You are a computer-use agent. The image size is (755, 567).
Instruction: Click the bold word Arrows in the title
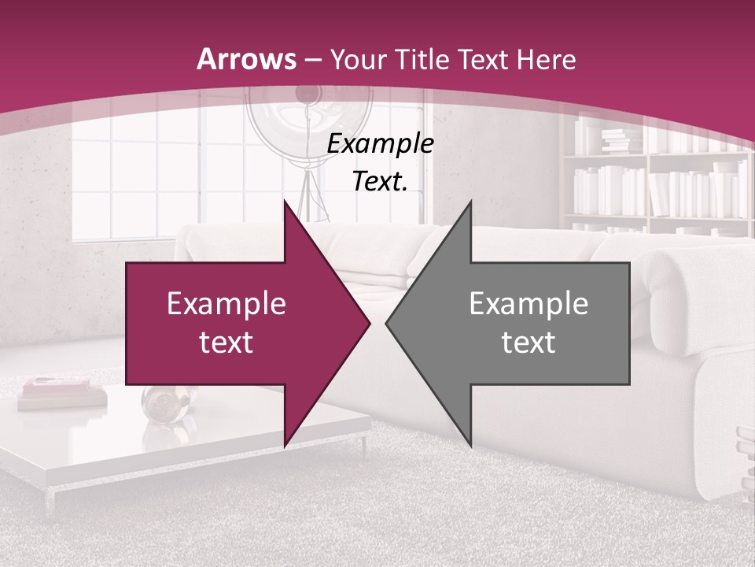tap(247, 60)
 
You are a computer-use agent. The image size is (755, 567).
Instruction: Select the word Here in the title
tap(545, 60)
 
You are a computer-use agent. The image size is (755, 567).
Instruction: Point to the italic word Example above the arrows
tap(380, 144)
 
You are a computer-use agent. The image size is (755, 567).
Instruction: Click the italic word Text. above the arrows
tap(380, 182)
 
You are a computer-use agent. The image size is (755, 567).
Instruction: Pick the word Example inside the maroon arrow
tap(226, 304)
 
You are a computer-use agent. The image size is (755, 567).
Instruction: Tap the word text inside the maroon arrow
tap(226, 343)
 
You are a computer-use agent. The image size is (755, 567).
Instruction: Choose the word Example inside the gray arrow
tap(528, 304)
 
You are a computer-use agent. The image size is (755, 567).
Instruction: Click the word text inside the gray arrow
tap(528, 343)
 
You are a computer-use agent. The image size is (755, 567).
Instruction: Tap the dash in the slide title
tap(313, 61)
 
